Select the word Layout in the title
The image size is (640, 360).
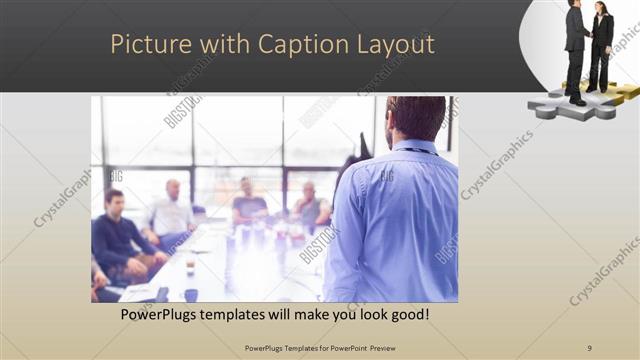click(x=397, y=45)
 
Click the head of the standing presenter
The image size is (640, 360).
click(x=415, y=118)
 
